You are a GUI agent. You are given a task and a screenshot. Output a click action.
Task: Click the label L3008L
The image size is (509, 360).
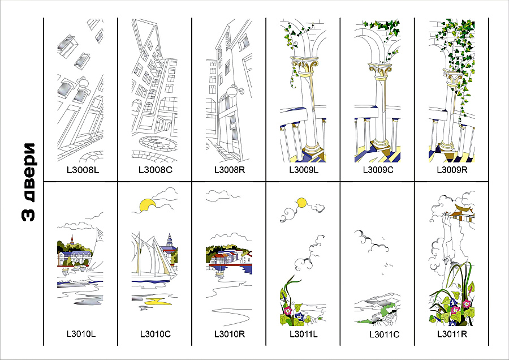81,169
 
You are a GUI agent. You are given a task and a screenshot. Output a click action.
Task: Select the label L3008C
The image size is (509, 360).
155,169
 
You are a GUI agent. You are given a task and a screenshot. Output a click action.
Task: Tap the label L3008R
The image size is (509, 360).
229,169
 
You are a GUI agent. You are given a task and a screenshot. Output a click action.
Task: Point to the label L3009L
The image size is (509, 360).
304,169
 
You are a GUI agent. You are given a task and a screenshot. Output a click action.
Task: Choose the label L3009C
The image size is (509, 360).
377,169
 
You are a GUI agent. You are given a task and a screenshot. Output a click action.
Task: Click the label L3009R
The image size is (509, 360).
452,169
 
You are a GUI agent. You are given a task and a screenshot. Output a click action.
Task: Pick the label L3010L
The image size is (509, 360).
81,333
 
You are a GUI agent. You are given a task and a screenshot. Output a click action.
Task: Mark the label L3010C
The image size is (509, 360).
155,333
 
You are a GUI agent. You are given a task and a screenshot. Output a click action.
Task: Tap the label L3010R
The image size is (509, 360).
229,333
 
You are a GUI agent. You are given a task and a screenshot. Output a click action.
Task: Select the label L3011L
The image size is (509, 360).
304,333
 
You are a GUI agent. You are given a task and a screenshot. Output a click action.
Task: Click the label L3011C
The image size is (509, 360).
385,335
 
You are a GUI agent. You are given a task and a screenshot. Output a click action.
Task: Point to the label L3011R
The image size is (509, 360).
452,333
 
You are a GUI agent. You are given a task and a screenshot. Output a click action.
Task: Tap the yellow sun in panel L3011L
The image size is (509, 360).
301,202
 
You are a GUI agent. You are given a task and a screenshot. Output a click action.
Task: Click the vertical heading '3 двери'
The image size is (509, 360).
29,181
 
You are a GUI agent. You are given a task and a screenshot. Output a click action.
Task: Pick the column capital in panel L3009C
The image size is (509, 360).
377,70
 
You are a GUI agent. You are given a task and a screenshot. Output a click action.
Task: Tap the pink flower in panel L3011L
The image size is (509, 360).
288,310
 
